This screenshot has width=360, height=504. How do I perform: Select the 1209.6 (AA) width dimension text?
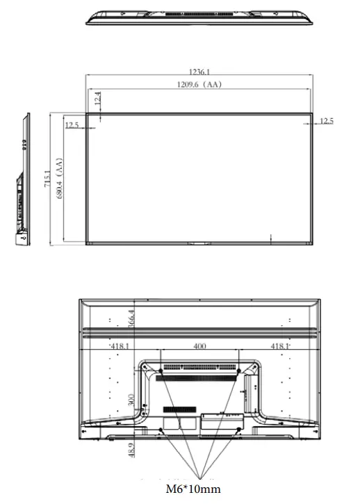199,85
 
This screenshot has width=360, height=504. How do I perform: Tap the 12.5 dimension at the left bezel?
72,125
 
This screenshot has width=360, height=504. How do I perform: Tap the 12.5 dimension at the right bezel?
327,122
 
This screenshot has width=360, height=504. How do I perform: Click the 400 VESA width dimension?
199,346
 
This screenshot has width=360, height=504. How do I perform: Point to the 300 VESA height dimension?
131,402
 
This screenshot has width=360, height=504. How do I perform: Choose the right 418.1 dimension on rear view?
279,346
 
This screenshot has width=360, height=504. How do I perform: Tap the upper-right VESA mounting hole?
238,372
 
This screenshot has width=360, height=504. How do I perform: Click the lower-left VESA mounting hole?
160,431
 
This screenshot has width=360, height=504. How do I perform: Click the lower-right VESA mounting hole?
238,431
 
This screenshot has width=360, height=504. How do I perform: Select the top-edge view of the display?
199,19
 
